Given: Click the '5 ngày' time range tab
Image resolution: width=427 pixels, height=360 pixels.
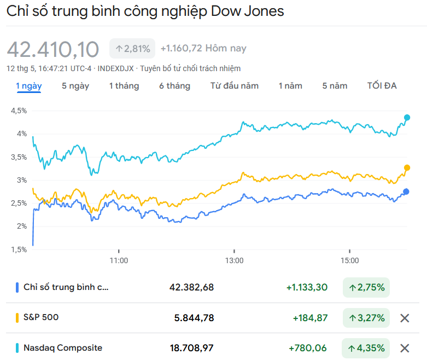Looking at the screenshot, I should (75, 86).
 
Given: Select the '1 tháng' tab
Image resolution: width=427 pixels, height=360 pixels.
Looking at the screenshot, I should (124, 86).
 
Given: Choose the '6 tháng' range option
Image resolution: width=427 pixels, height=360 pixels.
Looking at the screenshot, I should (175, 86).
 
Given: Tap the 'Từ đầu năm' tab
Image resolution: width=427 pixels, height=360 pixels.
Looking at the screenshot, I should (235, 86).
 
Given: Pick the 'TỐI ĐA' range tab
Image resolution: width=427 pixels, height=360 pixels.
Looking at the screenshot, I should (382, 86).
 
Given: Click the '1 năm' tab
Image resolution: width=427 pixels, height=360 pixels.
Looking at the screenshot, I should (290, 86).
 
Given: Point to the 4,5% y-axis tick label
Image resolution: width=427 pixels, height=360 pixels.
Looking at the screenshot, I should (18, 111).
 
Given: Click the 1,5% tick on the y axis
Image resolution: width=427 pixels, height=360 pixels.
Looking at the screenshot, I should (18, 249).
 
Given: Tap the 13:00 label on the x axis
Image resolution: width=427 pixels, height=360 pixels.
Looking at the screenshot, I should (235, 260).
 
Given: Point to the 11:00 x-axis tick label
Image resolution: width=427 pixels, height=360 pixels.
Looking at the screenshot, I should (119, 260).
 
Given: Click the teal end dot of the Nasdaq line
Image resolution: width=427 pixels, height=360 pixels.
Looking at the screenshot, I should (407, 118).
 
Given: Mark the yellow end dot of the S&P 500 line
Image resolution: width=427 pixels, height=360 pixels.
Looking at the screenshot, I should (407, 168).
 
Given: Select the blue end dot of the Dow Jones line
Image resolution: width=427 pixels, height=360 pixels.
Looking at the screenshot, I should (406, 191).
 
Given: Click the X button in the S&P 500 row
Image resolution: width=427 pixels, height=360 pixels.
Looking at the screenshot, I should (405, 318).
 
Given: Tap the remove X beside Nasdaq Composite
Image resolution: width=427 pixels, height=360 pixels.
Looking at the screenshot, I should (405, 348).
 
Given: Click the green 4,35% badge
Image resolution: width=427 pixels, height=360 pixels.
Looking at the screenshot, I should (366, 348).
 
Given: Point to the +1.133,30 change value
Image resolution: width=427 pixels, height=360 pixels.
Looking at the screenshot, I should (307, 287).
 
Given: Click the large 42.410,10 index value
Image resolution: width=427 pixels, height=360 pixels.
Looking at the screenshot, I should (53, 49).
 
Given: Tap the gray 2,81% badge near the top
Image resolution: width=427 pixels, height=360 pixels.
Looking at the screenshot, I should (132, 49).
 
